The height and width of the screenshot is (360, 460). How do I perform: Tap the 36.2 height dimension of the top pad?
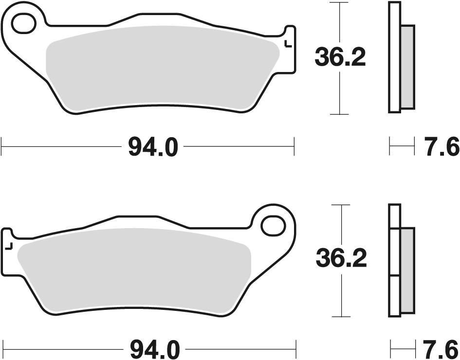coord(340,58)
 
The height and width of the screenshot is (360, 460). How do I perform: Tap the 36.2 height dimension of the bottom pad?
coord(341,259)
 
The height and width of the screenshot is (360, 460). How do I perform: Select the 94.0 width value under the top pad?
coord(153,146)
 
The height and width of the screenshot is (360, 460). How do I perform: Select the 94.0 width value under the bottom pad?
coord(154,349)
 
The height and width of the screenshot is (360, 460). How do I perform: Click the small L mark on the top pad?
coord(288,44)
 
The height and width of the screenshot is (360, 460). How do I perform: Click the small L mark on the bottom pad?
coord(8,245)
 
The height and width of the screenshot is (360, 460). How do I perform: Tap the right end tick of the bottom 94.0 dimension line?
coord(296,349)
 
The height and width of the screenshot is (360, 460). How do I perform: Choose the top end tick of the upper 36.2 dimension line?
coord(339,2)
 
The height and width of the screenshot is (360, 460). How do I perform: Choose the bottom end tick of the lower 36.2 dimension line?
coord(341,315)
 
